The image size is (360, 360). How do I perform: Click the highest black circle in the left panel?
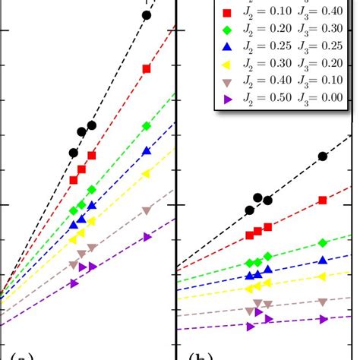147,15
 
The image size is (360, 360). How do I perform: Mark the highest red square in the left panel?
147,69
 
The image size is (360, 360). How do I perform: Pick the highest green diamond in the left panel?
147,126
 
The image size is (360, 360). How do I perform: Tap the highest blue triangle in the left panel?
147,152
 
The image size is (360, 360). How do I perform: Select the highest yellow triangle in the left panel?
147,174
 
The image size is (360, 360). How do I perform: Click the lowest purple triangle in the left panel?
74,283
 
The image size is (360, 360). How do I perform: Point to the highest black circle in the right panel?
323,156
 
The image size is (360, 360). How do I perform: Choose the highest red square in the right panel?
323,200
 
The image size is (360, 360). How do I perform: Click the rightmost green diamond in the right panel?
323,243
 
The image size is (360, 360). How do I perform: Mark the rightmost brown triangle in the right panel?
323,302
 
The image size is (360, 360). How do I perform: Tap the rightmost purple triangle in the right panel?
323,321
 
